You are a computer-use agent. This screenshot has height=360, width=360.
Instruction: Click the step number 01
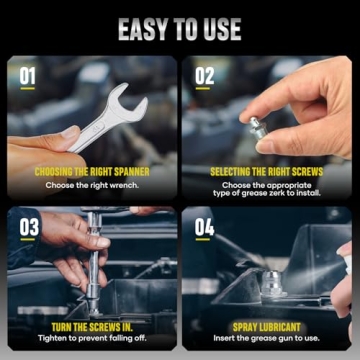(x=27, y=75)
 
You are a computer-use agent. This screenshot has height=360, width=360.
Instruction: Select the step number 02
(x=204, y=75)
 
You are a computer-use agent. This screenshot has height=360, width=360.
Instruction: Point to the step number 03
(x=28, y=228)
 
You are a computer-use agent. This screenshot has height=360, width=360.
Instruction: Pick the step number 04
(x=204, y=228)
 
